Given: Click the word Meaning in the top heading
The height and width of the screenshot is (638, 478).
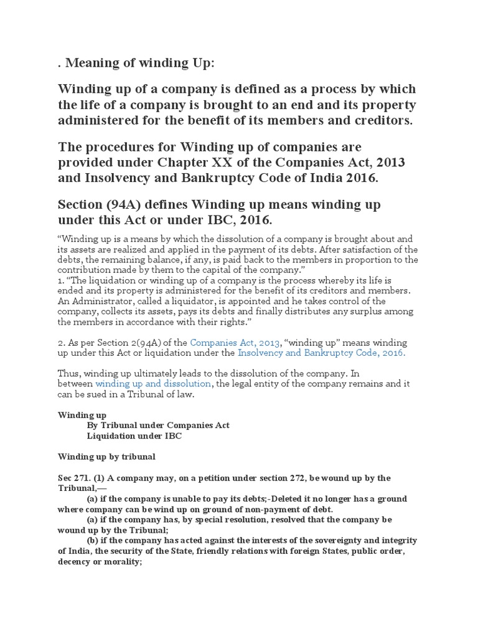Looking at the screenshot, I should (x=91, y=63).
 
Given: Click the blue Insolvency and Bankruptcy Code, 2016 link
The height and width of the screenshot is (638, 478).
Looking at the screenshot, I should (x=322, y=353).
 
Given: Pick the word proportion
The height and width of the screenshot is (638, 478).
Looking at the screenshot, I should (x=380, y=259).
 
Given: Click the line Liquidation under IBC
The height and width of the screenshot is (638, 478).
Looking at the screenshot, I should (x=134, y=436).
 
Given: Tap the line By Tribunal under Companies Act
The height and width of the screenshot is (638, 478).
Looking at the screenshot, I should (x=158, y=426).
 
